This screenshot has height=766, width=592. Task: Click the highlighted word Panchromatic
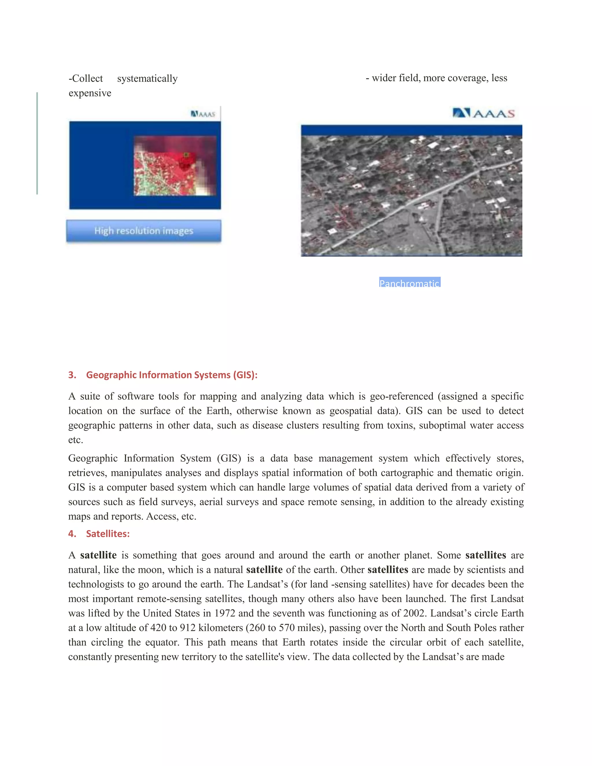coord(409,283)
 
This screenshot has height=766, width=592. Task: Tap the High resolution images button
coord(144,231)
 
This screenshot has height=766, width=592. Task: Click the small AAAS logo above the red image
coord(203,114)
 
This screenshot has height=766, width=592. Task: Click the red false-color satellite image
coord(175,166)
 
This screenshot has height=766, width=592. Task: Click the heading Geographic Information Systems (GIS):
coord(171,375)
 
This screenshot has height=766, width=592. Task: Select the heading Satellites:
coord(108,534)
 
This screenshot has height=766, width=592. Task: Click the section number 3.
coord(72,375)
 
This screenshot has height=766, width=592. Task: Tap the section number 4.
coord(72,534)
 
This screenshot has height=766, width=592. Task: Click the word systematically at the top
coord(147,79)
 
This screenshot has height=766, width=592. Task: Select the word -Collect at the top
coord(86,79)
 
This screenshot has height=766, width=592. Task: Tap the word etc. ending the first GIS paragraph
coord(75,440)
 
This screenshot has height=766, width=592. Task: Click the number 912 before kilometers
coord(188,628)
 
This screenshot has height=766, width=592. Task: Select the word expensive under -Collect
coord(90,93)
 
